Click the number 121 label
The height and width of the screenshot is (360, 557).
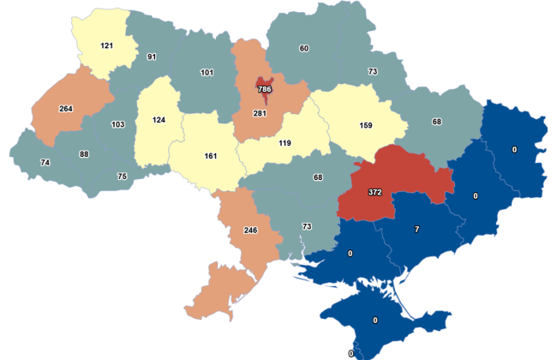click(107, 45)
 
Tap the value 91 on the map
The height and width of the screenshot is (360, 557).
click(151, 58)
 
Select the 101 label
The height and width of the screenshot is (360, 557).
click(207, 73)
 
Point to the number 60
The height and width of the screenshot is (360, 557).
click(304, 48)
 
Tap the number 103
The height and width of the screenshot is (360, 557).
click(118, 125)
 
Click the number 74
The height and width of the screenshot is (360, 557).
click(46, 163)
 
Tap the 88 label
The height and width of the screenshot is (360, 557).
click(84, 155)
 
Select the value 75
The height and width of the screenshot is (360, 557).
click(123, 176)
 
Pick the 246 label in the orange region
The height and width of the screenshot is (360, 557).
click(250, 231)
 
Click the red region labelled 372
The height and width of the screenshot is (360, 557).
click(374, 191)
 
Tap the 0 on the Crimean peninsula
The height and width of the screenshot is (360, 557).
click(375, 321)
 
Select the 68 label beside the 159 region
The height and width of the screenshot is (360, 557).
click(437, 122)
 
